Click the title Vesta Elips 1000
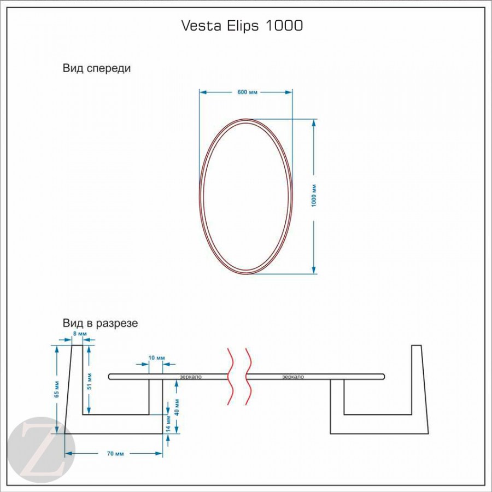coord(242,26)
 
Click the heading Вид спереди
coord(97,69)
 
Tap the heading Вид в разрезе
coord(100,323)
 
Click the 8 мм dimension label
coord(80,333)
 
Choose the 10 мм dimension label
coord(156,358)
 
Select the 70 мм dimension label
coord(115,454)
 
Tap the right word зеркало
coord(293,377)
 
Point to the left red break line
coord(232,376)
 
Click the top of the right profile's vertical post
coord(417,347)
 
